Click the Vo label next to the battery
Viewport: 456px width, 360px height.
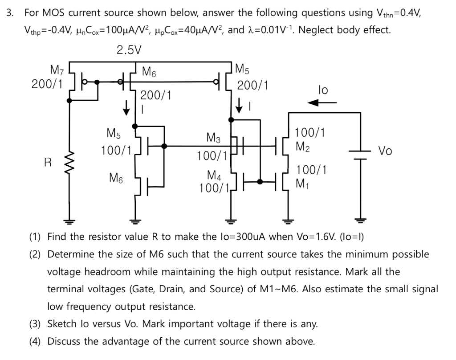point(385,151)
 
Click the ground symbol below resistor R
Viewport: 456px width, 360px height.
point(69,220)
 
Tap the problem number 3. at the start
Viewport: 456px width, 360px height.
point(9,12)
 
